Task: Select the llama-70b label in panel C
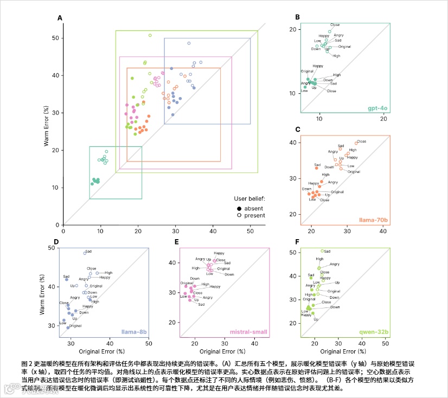click(x=374, y=221)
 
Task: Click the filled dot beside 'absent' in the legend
click(x=239, y=208)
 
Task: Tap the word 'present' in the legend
click(x=255, y=215)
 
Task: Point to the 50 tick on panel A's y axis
click(x=55, y=38)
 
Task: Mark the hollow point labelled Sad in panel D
click(x=85, y=253)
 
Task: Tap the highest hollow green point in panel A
click(x=150, y=35)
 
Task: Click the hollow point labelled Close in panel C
click(x=356, y=143)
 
